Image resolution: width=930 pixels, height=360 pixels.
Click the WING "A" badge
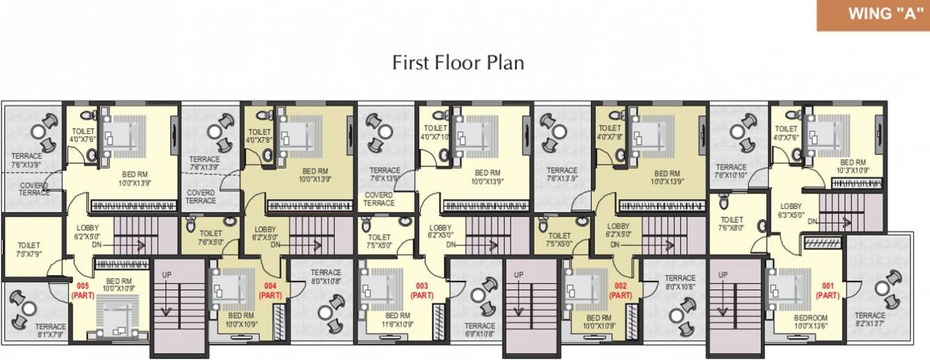click(x=873, y=15)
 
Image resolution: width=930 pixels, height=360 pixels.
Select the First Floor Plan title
click(x=458, y=63)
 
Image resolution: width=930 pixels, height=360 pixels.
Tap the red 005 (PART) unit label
click(x=81, y=290)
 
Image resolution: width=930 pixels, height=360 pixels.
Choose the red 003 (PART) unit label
click(x=421, y=290)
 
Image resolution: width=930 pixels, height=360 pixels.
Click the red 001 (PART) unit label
click(x=827, y=290)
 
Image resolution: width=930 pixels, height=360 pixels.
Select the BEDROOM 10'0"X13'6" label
click(x=811, y=321)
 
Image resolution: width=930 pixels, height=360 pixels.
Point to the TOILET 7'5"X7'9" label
click(x=29, y=249)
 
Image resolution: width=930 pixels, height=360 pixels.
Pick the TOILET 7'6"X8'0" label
click(x=732, y=223)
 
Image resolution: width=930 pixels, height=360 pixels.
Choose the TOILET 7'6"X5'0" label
click(x=210, y=237)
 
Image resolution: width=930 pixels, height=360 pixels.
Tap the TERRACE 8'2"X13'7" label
click(x=870, y=320)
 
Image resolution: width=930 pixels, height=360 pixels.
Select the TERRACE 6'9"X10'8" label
click(x=480, y=329)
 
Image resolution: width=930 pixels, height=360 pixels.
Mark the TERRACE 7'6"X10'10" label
click(x=732, y=171)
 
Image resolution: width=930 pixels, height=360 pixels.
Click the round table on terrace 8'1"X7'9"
click(x=28, y=307)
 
